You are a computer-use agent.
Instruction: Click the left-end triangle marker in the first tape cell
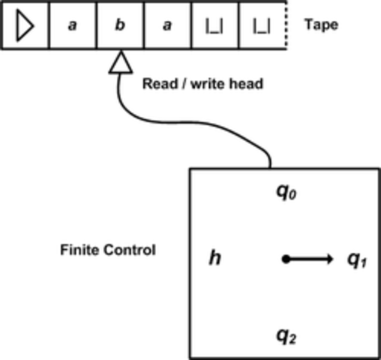tap(25, 25)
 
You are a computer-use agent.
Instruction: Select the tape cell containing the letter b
tap(119, 25)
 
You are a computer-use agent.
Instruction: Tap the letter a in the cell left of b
tap(72, 25)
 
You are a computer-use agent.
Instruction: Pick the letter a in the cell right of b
tap(166, 25)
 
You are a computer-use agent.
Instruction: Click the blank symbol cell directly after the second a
tap(214, 25)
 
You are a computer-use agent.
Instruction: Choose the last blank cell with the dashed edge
tap(262, 25)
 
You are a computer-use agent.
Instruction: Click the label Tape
tap(321, 25)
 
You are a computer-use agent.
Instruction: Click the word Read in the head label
tap(158, 84)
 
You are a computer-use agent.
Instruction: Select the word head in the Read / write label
tap(245, 84)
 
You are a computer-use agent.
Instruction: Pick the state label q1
tap(356, 260)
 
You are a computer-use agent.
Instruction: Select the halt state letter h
tap(214, 259)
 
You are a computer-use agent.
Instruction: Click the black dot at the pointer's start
tap(286, 259)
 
